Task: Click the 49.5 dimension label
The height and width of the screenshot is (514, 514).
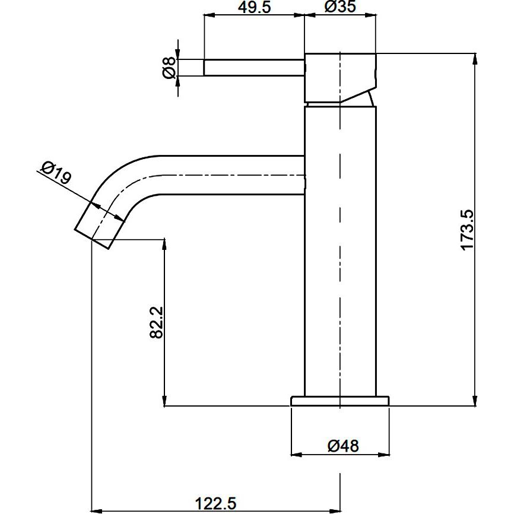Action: click(254, 7)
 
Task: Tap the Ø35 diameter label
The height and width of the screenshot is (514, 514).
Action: click(340, 7)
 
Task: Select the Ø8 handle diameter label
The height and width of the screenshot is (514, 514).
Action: click(169, 68)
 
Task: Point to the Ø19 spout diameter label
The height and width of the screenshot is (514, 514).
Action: click(56, 173)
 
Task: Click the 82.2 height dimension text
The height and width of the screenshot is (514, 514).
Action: click(156, 322)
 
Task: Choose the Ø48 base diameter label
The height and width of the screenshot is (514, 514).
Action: click(343, 446)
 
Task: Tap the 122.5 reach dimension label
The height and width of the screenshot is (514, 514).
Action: click(215, 503)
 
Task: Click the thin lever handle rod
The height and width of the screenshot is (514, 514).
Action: click(255, 68)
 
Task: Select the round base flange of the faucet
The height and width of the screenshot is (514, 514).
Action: click(340, 401)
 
